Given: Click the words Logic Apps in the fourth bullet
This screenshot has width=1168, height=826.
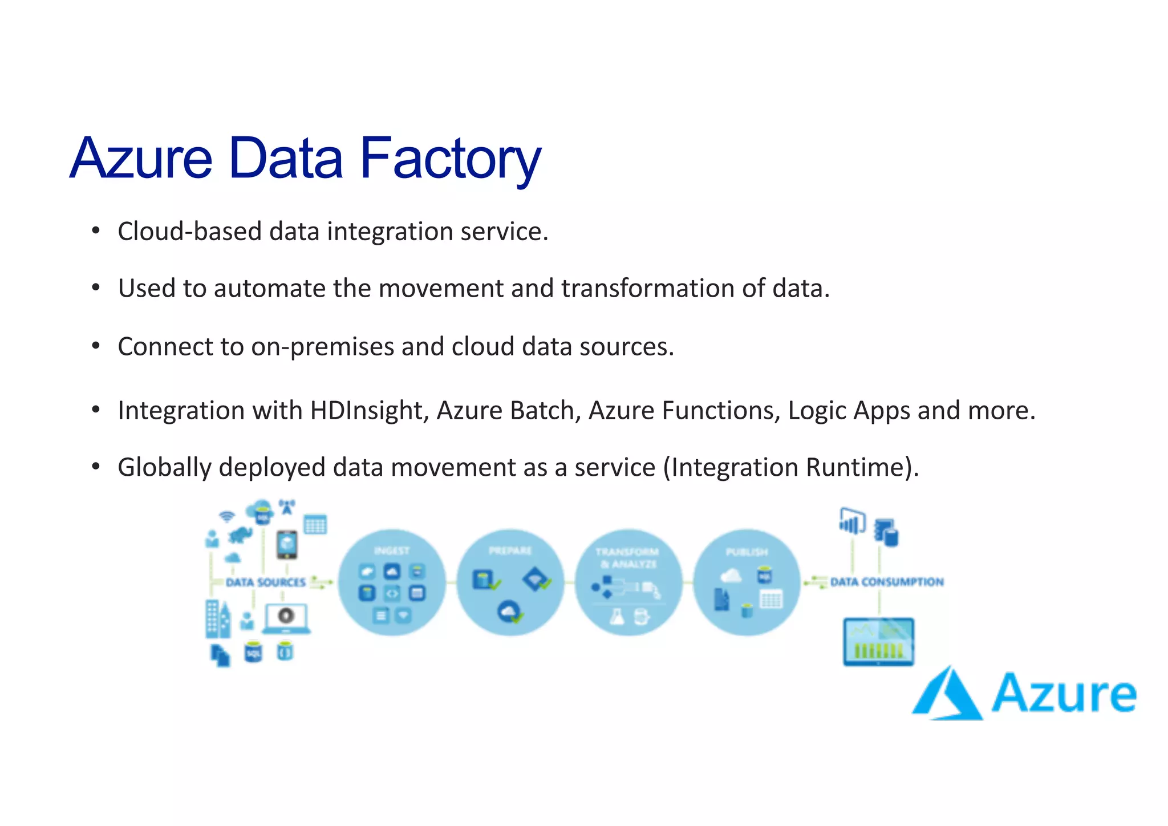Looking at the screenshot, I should (x=849, y=411).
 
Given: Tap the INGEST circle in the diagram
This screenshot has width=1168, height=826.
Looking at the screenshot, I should (x=392, y=582).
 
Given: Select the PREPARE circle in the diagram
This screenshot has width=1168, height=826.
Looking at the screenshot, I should (x=510, y=582).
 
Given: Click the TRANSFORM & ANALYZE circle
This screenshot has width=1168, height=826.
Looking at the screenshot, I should (x=628, y=582).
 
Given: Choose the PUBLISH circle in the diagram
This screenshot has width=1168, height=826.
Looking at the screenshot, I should (x=747, y=582).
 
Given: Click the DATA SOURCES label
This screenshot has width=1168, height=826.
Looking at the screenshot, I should (x=266, y=582).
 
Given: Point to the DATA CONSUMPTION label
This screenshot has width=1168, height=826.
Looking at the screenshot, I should (x=887, y=582).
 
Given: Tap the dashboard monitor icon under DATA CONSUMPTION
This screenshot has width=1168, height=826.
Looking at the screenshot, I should (x=878, y=642).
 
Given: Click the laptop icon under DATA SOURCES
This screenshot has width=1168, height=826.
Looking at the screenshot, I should (x=286, y=618).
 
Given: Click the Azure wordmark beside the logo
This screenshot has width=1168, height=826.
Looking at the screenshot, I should (x=1064, y=693).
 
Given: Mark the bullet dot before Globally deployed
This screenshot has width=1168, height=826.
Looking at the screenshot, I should (x=96, y=467).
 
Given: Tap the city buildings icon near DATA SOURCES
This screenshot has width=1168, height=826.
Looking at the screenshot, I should (x=218, y=619).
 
